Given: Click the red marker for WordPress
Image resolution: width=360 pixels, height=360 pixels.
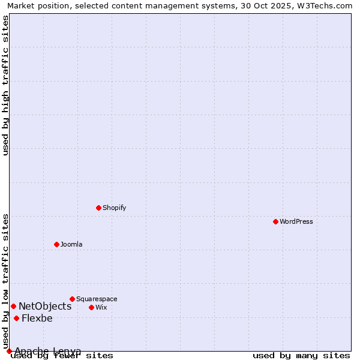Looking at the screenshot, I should (x=275, y=221).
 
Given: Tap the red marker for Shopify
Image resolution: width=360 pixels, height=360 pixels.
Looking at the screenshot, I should (x=98, y=208).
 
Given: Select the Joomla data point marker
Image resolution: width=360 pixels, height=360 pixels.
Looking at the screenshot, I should (x=56, y=244).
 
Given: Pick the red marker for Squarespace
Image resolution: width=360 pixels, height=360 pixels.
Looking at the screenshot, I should (x=72, y=299).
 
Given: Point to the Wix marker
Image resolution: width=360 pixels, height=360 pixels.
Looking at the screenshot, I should (x=91, y=307).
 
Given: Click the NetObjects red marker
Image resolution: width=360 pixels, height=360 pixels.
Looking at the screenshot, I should (x=13, y=306).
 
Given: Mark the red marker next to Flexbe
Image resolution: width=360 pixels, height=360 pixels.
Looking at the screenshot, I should (x=16, y=318).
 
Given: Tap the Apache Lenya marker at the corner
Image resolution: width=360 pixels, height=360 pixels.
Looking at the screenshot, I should (x=9, y=351).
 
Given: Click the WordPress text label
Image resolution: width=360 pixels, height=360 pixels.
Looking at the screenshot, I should (x=296, y=221).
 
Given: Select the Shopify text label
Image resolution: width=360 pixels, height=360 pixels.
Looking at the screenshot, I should (x=115, y=208).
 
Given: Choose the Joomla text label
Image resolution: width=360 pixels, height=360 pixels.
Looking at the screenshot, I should (x=71, y=244).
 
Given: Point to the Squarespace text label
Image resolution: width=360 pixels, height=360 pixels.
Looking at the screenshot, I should (x=97, y=299).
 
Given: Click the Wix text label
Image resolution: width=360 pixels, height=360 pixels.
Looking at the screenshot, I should (x=101, y=307).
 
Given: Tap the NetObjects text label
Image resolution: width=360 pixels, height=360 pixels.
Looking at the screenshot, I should (x=45, y=306).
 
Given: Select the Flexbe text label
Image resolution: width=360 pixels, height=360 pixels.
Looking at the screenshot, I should (x=37, y=318).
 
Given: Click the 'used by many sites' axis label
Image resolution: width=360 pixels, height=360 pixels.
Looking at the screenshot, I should (x=301, y=355).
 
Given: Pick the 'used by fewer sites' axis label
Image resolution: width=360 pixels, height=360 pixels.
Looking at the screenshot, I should (x=62, y=355).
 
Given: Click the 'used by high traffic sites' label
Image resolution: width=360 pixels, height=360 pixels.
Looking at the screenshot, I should (x=5, y=85).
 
